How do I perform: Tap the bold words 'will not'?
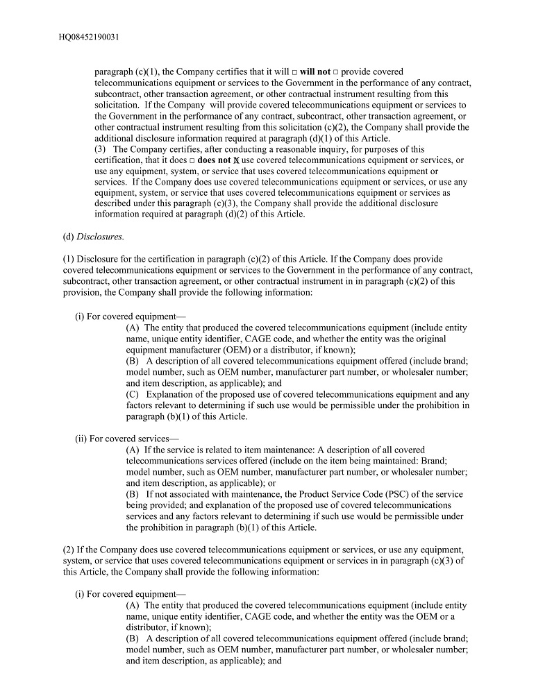coord(315,72)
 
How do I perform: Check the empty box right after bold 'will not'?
coord(335,72)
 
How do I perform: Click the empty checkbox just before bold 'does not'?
coord(192,160)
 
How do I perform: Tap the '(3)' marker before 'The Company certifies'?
coord(101,149)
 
